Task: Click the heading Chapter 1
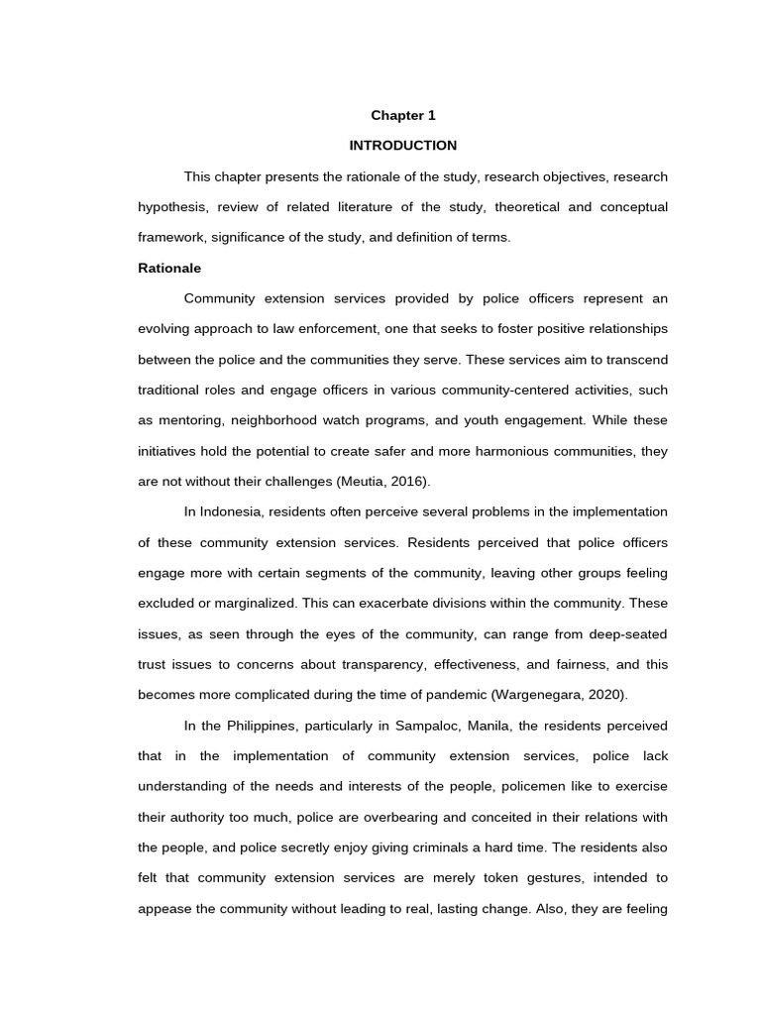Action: point(403,115)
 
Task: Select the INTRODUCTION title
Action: point(403,146)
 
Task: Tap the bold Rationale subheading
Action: point(168,269)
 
